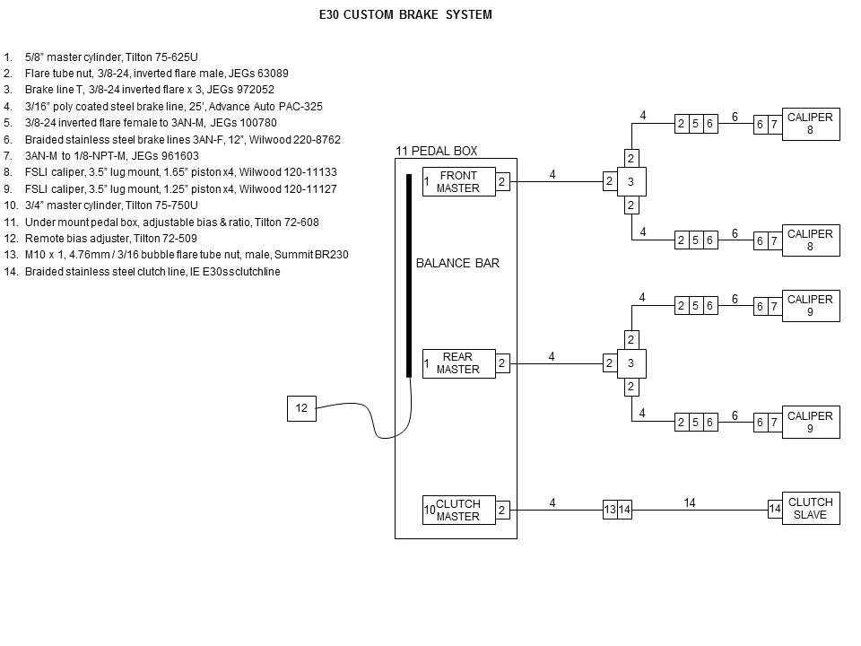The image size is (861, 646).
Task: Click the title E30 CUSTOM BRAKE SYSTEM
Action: (405, 15)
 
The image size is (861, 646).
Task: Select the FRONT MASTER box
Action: (458, 181)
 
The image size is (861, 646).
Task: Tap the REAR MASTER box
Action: (458, 363)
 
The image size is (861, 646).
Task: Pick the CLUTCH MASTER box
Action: (458, 510)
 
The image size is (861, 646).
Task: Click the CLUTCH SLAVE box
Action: (810, 509)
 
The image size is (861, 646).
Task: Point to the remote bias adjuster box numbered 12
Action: (301, 408)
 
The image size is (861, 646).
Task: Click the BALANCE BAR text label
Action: (457, 263)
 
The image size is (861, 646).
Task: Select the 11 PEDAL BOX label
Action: (437, 151)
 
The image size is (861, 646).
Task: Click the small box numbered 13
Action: (610, 510)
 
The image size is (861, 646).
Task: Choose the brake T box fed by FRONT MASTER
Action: (631, 182)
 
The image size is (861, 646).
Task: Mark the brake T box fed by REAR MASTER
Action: (631, 363)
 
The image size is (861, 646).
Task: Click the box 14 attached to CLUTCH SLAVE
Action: (775, 510)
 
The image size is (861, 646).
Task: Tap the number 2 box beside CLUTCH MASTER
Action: (502, 510)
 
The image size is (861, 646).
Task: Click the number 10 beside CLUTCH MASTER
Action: (429, 510)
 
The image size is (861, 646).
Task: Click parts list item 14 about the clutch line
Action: (152, 272)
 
